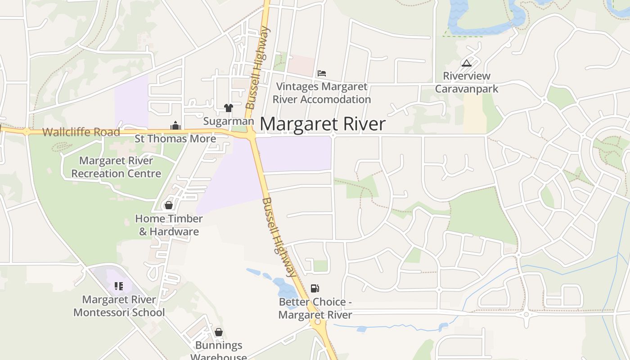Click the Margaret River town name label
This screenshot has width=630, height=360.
[323, 124]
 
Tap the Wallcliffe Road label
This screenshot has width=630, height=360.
[81, 132]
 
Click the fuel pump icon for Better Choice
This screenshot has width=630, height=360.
[315, 288]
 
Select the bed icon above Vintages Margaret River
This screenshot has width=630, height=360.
[322, 73]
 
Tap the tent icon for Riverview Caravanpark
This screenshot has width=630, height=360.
[467, 63]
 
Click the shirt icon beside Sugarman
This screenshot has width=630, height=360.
[229, 108]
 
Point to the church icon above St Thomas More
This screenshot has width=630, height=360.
[175, 126]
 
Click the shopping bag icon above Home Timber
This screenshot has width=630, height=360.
[169, 205]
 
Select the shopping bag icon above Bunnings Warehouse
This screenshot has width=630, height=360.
[219, 332]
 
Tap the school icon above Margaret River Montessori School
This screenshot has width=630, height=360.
[119, 286]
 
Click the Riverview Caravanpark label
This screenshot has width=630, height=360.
[467, 82]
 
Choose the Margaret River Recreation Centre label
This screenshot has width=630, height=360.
[116, 167]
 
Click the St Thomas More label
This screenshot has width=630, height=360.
[175, 139]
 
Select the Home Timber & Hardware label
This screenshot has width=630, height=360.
[169, 225]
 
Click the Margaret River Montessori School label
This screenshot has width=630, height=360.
[119, 306]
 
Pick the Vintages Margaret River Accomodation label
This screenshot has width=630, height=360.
[322, 93]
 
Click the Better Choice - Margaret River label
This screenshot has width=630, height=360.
[315, 308]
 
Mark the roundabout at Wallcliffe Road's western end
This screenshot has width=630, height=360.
[27, 131]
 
